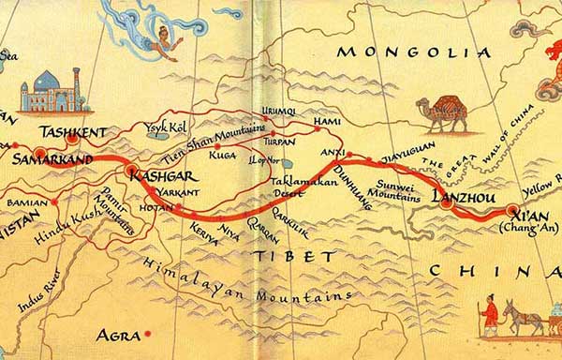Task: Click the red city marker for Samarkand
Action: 40,152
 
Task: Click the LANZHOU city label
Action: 462,197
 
